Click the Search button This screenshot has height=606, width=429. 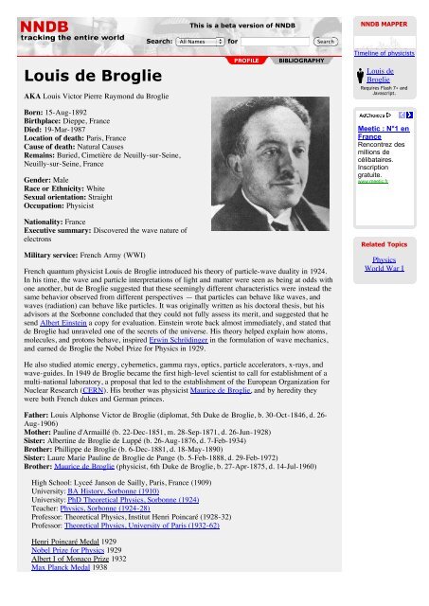click(325, 42)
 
